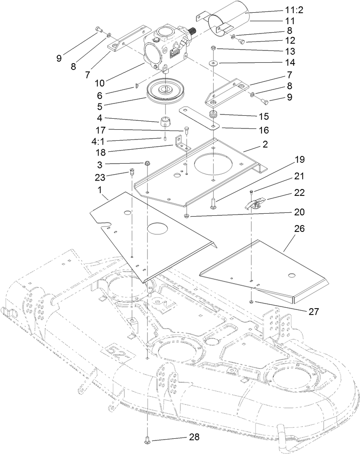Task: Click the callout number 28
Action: (x=195, y=436)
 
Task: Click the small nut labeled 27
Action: (x=252, y=301)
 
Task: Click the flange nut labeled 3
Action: (x=147, y=163)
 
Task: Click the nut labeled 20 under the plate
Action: (x=187, y=217)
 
